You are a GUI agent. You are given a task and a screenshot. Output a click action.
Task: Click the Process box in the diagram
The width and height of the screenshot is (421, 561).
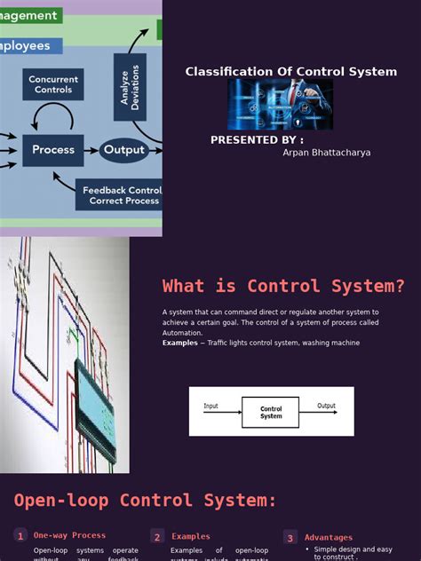tap(53, 150)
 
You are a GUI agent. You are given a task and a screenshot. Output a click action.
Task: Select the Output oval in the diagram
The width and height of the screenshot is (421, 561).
tap(123, 150)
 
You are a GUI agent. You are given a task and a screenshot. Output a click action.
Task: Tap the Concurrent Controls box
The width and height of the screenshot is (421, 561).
tap(53, 84)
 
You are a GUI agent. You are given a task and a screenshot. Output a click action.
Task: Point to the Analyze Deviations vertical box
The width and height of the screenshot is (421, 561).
tap(130, 87)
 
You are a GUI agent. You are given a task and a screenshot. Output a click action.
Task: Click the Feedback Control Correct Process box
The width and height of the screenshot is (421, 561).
tap(119, 194)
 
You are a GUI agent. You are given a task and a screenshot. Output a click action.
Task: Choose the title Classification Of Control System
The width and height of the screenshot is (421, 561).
tap(291, 72)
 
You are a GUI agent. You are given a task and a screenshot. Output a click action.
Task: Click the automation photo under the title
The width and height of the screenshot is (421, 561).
tap(281, 105)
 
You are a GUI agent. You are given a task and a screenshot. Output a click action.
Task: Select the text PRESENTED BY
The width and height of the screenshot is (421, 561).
tap(257, 140)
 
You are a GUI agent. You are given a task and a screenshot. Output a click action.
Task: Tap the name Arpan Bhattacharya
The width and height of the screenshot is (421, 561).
tap(326, 153)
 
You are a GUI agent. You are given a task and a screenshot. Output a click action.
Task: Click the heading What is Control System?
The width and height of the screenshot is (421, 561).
tap(283, 286)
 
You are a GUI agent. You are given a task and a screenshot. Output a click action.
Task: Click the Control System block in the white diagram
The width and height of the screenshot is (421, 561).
tap(270, 413)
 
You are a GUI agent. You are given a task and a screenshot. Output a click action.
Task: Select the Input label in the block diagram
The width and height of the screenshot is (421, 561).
tap(210, 407)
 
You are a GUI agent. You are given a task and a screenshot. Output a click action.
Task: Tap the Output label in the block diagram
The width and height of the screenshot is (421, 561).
tap(327, 407)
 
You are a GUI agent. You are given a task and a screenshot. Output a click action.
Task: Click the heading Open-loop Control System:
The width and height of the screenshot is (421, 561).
tap(145, 500)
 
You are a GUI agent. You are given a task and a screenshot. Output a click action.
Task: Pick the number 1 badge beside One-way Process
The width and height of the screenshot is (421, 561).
tap(20, 536)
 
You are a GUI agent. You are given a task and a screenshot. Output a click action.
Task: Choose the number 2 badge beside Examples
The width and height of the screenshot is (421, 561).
tap(157, 536)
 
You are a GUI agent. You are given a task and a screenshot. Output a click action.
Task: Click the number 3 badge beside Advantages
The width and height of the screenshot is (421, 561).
tap(290, 537)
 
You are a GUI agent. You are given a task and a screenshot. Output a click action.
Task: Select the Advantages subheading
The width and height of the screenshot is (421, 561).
tap(329, 537)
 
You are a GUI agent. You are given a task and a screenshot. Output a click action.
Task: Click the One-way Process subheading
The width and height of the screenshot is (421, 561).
tap(69, 535)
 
